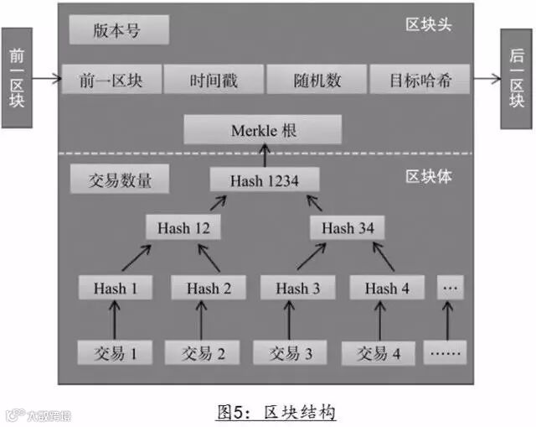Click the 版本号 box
point(119,31)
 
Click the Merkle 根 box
point(263,130)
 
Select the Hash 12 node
point(183,227)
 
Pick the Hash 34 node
point(348,227)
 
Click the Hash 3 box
point(292,288)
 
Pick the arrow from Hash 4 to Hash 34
point(368,258)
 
